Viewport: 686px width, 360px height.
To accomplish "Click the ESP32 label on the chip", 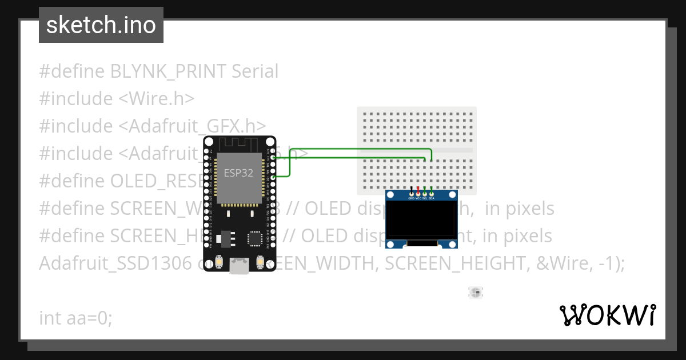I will [x=239, y=173].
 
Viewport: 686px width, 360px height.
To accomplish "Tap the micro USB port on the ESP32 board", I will [x=240, y=265].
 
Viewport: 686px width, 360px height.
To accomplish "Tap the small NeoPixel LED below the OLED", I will [x=475, y=293].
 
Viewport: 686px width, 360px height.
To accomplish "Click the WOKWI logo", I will [x=607, y=315].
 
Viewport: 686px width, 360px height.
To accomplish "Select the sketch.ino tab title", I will [x=101, y=25].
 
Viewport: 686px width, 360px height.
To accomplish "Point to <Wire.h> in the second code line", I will [x=156, y=99].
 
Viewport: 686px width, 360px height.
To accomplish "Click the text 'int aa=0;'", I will [x=75, y=318].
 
